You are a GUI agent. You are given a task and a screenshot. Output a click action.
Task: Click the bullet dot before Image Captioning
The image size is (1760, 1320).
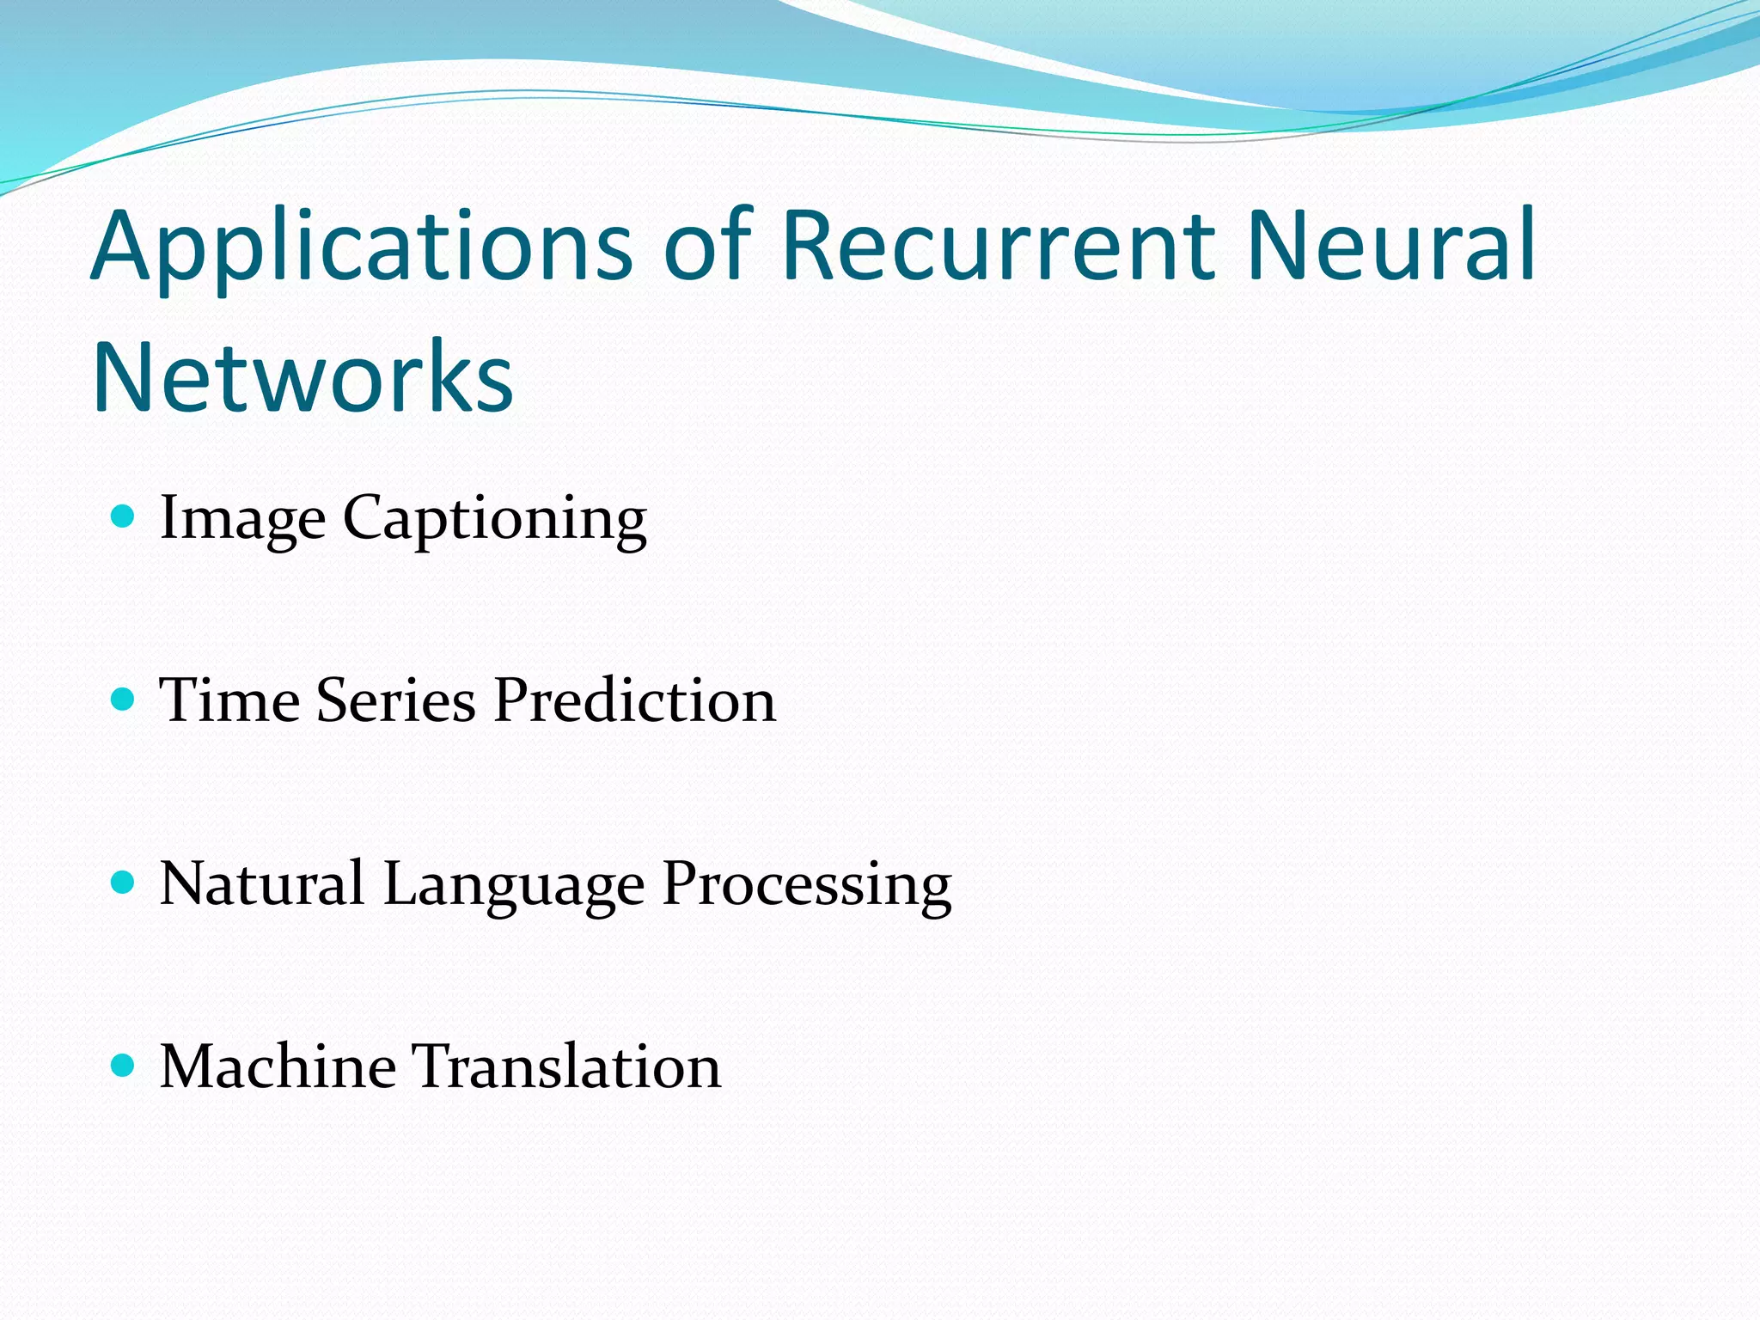(124, 516)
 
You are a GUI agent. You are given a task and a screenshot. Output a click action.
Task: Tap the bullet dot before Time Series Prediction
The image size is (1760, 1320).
(124, 699)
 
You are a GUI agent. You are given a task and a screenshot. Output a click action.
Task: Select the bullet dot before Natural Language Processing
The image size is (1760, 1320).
(124, 882)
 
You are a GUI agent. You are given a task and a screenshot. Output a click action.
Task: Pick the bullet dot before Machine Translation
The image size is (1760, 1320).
(124, 1066)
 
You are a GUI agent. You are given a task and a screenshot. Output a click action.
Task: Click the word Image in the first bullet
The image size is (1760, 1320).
(242, 519)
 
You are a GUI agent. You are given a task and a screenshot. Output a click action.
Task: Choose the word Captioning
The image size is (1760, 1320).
(494, 519)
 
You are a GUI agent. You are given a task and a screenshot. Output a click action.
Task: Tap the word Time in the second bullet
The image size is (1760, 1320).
(229, 700)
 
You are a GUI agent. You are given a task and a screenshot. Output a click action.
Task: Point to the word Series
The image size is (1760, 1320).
(395, 700)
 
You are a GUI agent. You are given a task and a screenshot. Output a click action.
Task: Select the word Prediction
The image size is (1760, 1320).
(635, 700)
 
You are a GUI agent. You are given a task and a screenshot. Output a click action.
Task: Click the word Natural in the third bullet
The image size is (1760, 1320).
(262, 883)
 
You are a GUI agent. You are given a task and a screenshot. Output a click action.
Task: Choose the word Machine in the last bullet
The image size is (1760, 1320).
(278, 1066)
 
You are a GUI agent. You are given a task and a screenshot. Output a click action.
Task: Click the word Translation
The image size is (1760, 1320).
(568, 1066)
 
